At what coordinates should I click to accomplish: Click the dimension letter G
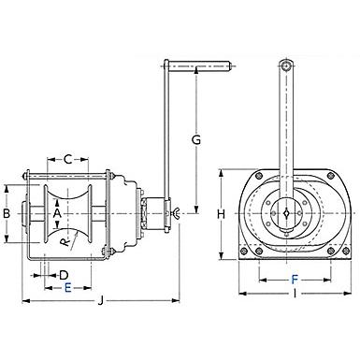(x=196, y=140)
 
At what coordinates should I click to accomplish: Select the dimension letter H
(x=222, y=214)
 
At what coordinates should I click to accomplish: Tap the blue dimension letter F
(x=295, y=280)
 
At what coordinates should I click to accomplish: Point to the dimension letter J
(x=100, y=301)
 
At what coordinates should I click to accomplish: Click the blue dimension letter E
(x=68, y=288)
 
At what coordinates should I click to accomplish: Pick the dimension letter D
(x=64, y=275)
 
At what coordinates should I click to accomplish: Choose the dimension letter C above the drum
(x=68, y=160)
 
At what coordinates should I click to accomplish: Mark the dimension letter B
(x=7, y=214)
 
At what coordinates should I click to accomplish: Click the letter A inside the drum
(x=57, y=213)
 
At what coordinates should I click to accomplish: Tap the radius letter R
(x=65, y=242)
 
